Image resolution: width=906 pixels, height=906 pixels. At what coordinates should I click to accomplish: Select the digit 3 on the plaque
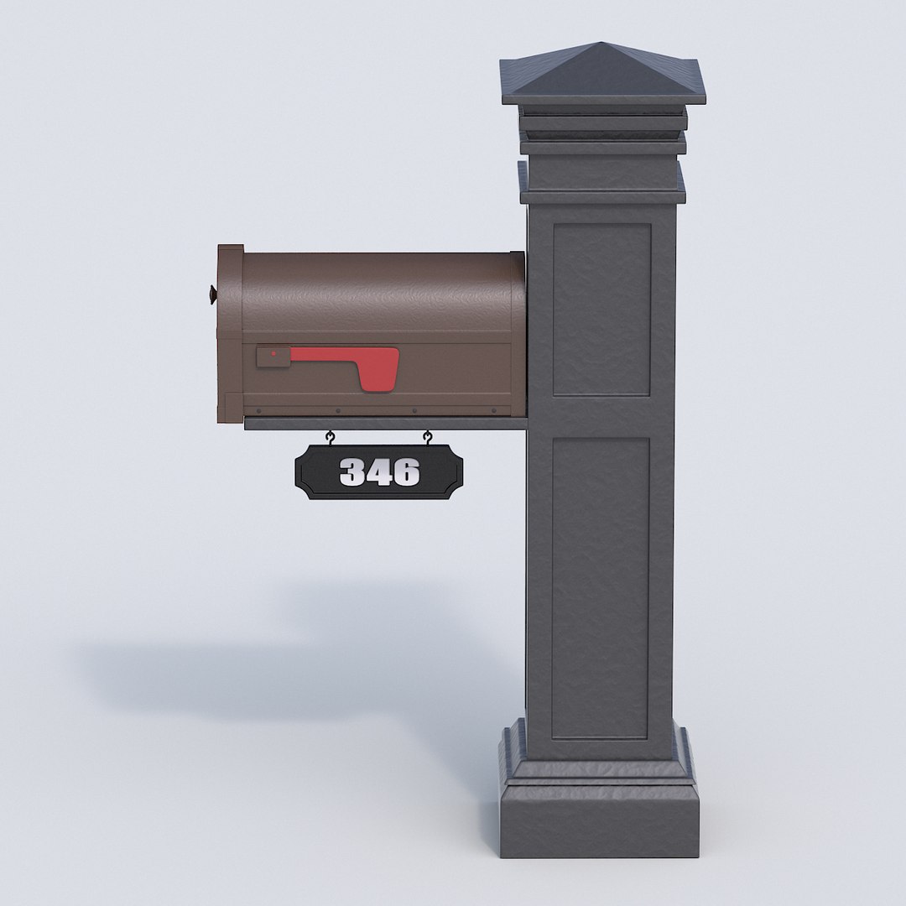pyautogui.click(x=352, y=473)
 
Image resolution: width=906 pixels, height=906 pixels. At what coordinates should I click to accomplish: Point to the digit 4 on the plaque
pyautogui.click(x=378, y=473)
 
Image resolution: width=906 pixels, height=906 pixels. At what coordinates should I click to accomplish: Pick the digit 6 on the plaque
pyautogui.click(x=405, y=473)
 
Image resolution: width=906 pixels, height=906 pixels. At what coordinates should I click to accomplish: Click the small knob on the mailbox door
pyautogui.click(x=211, y=294)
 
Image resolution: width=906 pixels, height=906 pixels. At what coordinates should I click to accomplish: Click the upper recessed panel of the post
pyautogui.click(x=601, y=309)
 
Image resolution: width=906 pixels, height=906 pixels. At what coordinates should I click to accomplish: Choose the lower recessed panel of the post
pyautogui.click(x=601, y=587)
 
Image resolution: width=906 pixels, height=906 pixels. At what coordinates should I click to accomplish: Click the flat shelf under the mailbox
pyautogui.click(x=386, y=424)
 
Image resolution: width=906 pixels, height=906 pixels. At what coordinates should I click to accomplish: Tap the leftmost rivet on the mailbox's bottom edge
pyautogui.click(x=258, y=412)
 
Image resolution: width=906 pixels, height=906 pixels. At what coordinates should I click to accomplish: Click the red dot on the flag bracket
pyautogui.click(x=274, y=354)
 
